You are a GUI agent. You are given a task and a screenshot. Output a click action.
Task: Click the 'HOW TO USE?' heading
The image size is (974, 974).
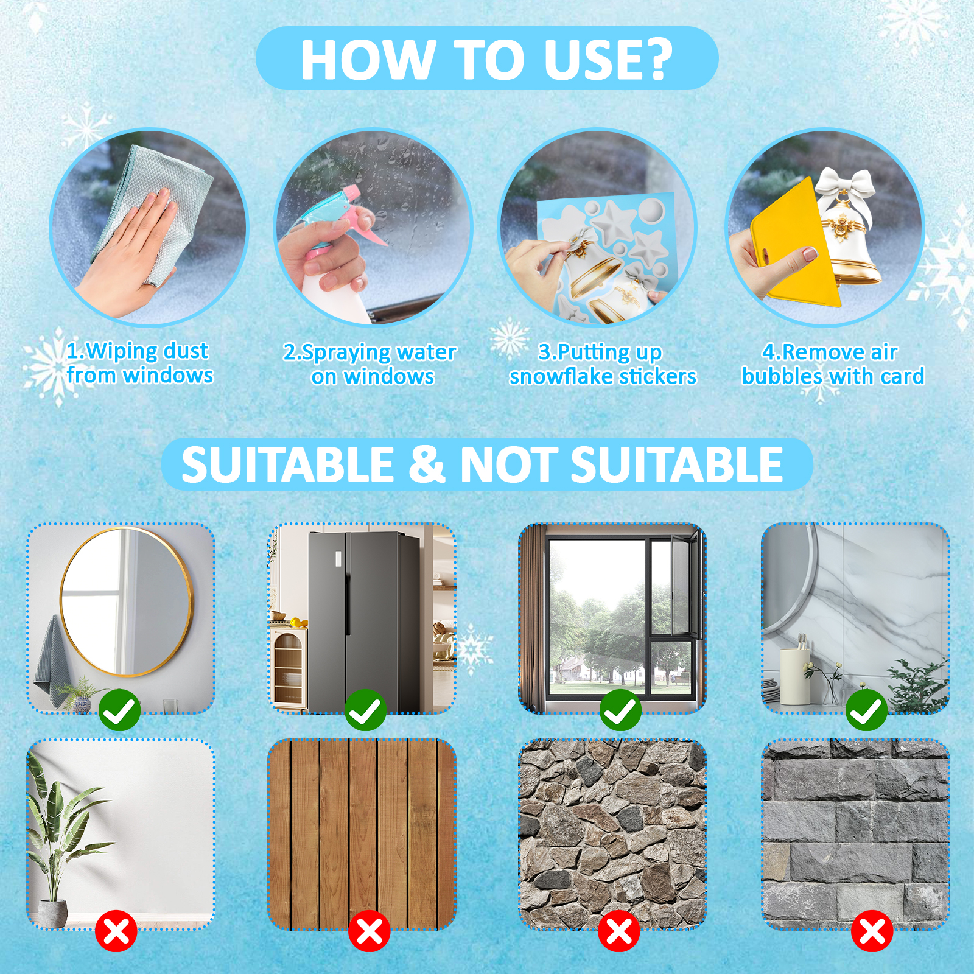(x=487, y=59)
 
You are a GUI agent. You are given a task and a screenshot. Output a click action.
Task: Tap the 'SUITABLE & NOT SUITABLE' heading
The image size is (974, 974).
(x=482, y=464)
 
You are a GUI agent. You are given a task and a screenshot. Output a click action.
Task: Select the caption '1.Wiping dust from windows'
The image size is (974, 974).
(x=139, y=363)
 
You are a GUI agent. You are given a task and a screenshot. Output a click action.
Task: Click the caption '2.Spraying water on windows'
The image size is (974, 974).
(x=370, y=364)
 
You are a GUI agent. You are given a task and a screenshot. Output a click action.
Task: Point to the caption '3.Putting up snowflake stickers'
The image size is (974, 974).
(x=603, y=364)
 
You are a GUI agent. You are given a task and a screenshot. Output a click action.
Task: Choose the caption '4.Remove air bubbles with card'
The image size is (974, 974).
(x=833, y=364)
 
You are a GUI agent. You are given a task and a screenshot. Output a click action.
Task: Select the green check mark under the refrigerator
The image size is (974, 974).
(x=365, y=710)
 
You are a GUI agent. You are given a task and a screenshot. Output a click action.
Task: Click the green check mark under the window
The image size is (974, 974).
(x=620, y=710)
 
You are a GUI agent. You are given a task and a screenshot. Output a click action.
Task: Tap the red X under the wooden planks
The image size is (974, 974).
(x=370, y=931)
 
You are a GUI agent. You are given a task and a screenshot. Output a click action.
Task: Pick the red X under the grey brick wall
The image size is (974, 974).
(x=872, y=931)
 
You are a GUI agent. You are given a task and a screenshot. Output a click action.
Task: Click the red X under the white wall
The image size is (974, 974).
(x=116, y=931)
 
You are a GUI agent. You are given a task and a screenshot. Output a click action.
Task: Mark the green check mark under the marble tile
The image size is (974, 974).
(x=866, y=710)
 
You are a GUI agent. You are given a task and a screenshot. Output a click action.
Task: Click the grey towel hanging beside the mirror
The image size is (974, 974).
(x=52, y=660)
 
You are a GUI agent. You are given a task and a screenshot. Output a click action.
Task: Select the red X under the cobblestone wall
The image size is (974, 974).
(x=619, y=931)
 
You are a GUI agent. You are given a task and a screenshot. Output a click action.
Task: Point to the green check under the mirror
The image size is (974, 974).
(x=119, y=710)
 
